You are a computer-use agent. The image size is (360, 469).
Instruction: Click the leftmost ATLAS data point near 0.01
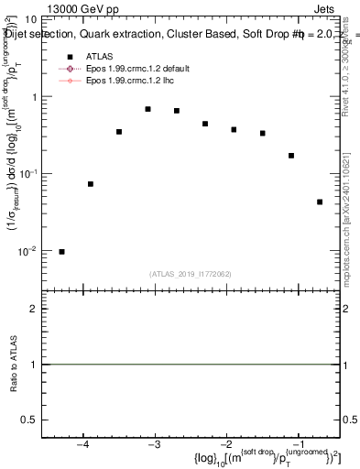pyautogui.click(x=61, y=252)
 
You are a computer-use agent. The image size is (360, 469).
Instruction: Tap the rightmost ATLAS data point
pyautogui.click(x=320, y=202)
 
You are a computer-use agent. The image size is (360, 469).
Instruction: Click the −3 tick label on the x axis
pyautogui.click(x=154, y=445)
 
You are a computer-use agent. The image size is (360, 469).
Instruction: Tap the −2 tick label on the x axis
pyautogui.click(x=226, y=445)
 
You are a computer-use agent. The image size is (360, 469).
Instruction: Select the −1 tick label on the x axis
pyautogui.click(x=298, y=445)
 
